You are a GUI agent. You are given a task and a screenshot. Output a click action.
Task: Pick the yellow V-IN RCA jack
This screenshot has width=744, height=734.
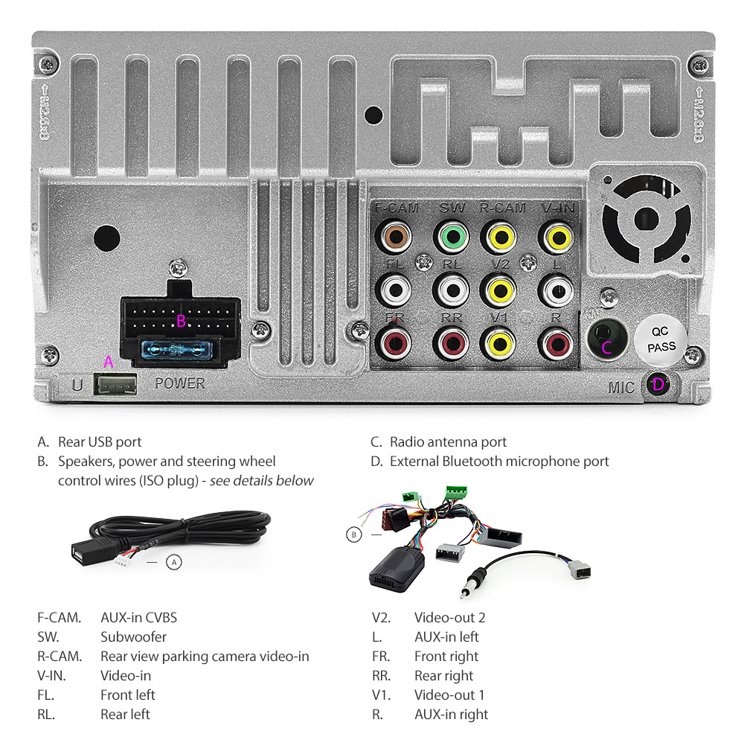click(556, 238)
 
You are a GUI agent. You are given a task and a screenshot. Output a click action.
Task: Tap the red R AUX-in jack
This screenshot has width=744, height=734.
click(556, 342)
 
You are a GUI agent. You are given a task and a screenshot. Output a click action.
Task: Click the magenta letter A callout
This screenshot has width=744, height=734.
click(109, 362)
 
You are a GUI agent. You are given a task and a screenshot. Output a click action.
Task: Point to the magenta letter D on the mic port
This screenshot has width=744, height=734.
click(658, 385)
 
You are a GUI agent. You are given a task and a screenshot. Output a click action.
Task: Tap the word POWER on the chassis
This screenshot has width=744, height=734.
click(179, 383)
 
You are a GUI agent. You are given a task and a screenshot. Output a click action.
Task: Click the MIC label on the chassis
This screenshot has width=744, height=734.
click(621, 387)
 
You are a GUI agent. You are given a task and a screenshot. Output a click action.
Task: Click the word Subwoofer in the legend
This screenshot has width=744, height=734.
click(133, 636)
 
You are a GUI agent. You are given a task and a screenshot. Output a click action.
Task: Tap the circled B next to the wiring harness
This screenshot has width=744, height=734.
click(354, 534)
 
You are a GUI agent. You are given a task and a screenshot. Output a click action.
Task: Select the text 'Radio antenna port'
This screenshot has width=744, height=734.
click(448, 442)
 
